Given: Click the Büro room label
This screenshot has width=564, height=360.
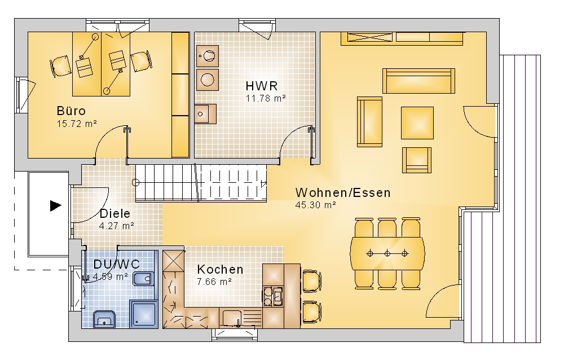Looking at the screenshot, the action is (x=71, y=111).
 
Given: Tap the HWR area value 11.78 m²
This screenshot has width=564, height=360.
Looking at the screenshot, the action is (x=266, y=98).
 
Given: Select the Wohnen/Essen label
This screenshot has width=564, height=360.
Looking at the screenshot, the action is (x=343, y=192).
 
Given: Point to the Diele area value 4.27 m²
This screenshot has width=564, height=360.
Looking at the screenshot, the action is (x=117, y=226).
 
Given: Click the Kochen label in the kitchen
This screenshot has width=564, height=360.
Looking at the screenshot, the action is (x=220, y=269).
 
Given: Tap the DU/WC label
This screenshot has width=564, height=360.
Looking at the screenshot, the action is (x=117, y=264).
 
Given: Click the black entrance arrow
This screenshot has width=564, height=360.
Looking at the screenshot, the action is (x=55, y=206).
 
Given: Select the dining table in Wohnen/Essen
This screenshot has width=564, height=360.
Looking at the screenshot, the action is (x=387, y=253).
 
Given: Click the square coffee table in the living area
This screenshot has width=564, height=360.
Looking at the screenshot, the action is (x=417, y=123).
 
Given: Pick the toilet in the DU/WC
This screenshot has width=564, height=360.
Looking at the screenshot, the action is (x=143, y=279).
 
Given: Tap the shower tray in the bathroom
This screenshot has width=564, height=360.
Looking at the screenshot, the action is (x=143, y=315).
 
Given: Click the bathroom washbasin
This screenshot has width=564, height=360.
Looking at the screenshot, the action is (x=104, y=320).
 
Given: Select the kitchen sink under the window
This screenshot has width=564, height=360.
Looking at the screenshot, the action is (x=235, y=318).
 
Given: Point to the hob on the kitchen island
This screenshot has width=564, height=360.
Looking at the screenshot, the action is (x=273, y=296).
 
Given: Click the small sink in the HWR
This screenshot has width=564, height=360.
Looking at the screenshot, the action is (x=205, y=114).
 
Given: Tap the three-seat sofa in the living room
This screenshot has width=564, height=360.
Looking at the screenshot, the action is (x=418, y=81).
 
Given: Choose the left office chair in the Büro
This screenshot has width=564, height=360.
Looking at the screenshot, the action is (x=60, y=66).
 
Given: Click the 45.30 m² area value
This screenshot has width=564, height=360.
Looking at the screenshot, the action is (x=316, y=205).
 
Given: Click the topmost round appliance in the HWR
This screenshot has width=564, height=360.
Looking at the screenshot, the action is (x=207, y=56).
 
